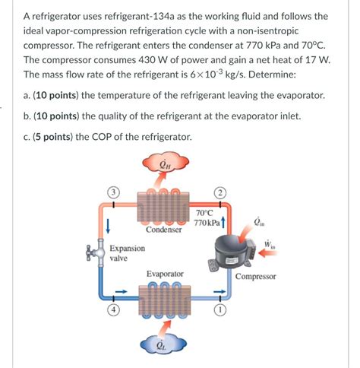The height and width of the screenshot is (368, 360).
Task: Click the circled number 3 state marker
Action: tap(112, 193)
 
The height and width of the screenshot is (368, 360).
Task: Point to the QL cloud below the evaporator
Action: tap(161, 344)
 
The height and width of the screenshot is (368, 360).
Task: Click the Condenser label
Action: tap(163, 230)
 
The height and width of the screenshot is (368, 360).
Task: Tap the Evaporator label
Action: tap(164, 274)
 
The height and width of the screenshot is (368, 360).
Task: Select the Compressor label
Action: tap(255, 277)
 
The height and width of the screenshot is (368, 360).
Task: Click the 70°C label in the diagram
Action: tap(204, 213)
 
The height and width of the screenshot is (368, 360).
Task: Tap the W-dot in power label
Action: tap(269, 245)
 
